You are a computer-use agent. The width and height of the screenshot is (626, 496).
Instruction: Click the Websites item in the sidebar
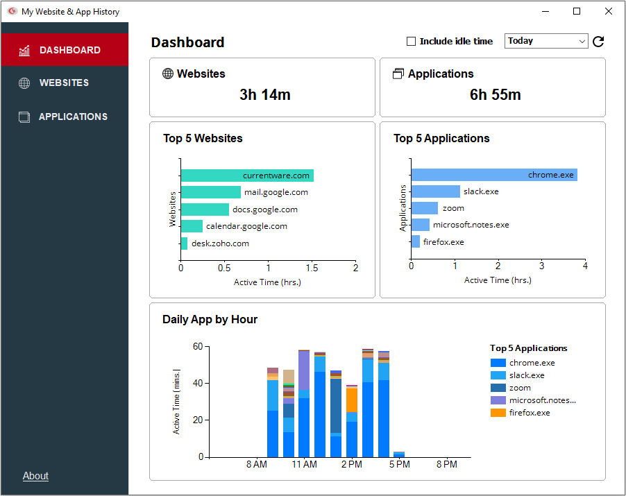[x=64, y=83]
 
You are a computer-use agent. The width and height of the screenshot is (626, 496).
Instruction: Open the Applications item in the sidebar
[x=73, y=117]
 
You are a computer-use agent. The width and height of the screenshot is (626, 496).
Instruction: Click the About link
[x=35, y=476]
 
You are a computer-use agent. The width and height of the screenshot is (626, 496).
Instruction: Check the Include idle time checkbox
[x=411, y=42]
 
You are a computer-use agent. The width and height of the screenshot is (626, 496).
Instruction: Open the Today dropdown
[x=546, y=41]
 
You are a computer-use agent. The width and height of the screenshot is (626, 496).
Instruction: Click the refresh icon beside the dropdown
[x=598, y=42]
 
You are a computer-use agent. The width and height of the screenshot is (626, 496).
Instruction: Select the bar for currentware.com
[x=247, y=176]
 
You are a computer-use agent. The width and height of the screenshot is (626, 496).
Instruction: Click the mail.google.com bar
[x=211, y=192]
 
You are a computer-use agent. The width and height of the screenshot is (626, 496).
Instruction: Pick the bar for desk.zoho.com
[x=184, y=243]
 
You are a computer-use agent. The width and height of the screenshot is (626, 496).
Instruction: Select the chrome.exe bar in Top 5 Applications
[x=493, y=175]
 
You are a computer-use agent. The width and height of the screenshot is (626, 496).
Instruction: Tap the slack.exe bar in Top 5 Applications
[x=435, y=191]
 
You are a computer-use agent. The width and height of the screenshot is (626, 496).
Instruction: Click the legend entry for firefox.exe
[x=529, y=413]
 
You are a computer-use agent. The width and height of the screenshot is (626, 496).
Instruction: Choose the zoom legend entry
[x=520, y=388]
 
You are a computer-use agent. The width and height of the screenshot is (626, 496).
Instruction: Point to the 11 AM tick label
[x=304, y=464]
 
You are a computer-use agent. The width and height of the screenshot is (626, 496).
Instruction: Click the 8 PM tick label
[x=447, y=464]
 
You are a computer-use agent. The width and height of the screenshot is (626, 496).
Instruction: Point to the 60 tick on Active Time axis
[x=198, y=346]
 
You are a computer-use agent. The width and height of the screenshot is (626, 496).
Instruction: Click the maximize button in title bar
[x=577, y=11]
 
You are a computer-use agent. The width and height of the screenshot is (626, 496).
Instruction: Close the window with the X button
[x=609, y=11]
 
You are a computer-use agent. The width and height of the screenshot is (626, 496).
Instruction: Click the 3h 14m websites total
[x=264, y=95]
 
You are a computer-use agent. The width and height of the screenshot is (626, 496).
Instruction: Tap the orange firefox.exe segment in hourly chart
[x=352, y=400]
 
